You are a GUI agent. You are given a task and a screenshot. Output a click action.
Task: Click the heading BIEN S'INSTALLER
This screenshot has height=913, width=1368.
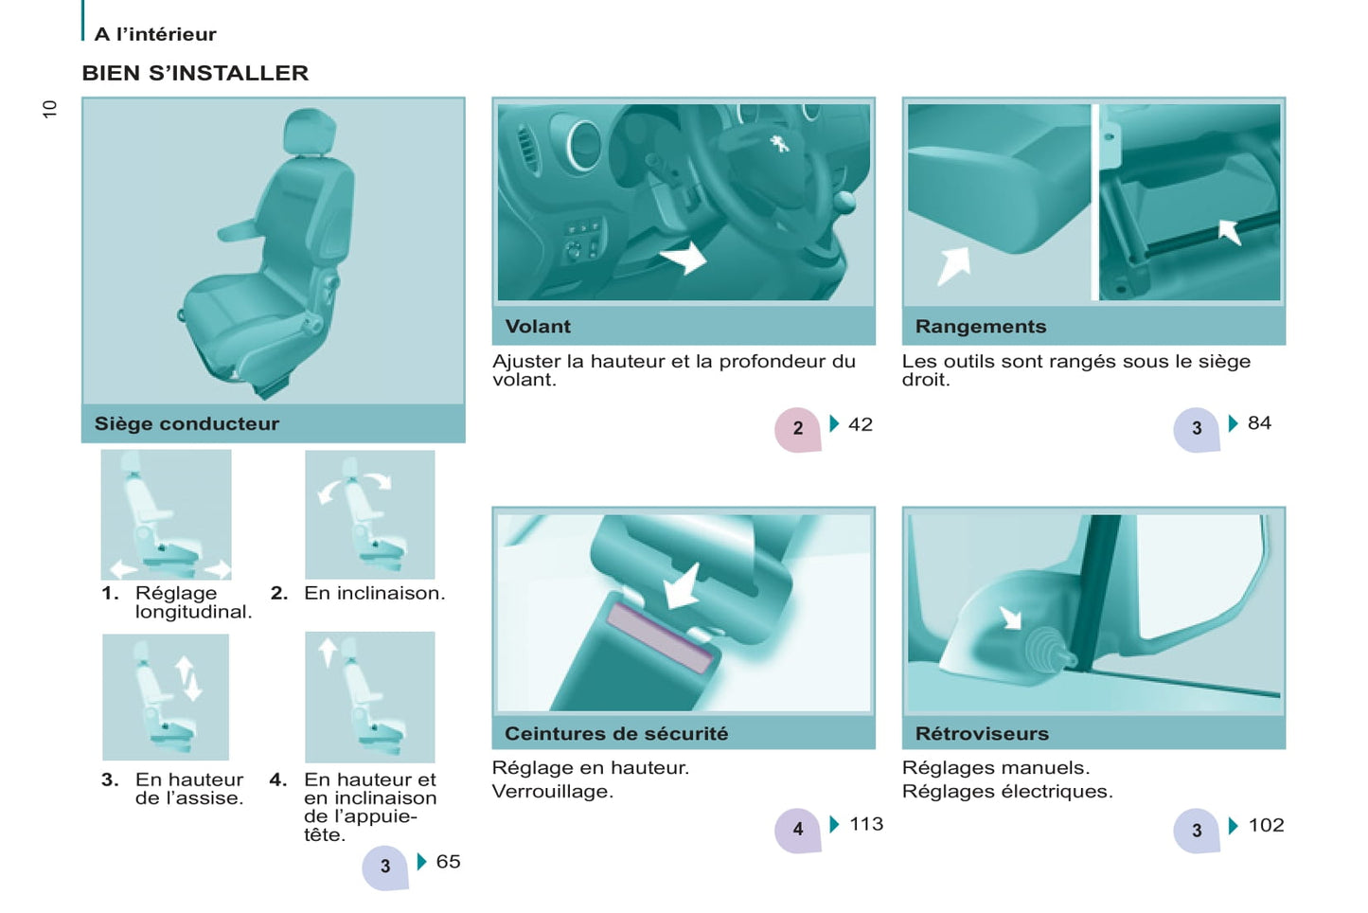(x=195, y=73)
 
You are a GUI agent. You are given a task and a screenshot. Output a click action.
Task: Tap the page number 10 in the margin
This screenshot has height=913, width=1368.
(x=49, y=109)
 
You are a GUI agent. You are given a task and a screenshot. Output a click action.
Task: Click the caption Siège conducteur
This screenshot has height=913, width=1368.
(x=187, y=423)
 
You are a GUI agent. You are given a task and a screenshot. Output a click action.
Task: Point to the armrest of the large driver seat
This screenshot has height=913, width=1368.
(x=239, y=229)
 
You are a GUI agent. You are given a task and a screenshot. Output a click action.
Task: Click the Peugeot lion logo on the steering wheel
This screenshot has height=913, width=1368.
(x=778, y=144)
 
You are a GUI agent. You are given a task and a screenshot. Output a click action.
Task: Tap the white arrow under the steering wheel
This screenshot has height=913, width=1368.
(x=684, y=258)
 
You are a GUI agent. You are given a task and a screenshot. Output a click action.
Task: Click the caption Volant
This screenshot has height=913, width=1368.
(x=538, y=327)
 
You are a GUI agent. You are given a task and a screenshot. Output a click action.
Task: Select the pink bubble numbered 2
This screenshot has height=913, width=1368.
(x=797, y=429)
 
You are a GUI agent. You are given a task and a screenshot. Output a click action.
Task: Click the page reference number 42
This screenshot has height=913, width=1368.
(x=860, y=424)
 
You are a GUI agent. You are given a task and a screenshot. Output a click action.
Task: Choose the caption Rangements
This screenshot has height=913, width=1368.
(x=980, y=327)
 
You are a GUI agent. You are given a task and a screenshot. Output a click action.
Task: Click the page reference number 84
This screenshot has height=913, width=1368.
(x=1259, y=423)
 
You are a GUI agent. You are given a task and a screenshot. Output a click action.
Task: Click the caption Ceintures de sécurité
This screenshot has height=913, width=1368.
(x=616, y=733)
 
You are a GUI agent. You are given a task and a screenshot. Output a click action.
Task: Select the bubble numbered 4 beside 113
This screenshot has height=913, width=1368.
(x=797, y=830)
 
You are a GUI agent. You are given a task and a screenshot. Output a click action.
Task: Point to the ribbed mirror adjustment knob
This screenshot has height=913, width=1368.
(x=1047, y=652)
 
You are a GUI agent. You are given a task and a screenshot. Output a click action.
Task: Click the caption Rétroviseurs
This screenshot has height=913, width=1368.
(x=982, y=733)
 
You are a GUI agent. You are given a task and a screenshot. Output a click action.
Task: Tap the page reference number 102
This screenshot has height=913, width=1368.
(x=1266, y=825)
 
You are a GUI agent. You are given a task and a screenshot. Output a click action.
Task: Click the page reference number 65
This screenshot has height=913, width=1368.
(x=448, y=862)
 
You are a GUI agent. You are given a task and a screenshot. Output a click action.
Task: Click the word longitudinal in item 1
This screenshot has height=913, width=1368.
(x=193, y=613)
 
